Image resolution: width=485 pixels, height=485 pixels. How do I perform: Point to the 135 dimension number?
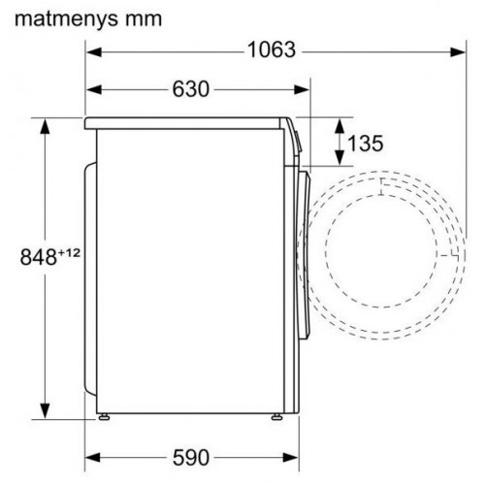click(364, 144)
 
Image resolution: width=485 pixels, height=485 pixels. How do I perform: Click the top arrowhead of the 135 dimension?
click(339, 123)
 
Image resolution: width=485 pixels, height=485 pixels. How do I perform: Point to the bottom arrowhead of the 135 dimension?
click(339, 160)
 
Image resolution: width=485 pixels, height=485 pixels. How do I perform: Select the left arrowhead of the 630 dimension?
click(92, 89)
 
